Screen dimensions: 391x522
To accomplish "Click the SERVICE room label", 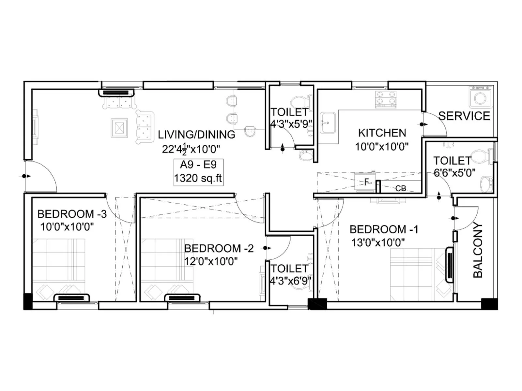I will (x=464, y=116).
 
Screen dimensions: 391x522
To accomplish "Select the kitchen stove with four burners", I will (x=386, y=99).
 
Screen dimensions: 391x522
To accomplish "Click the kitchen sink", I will (x=328, y=123).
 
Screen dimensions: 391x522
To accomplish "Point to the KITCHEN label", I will (x=382, y=133).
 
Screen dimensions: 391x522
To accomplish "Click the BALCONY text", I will (x=478, y=250).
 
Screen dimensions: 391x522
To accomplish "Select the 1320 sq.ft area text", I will (x=198, y=178).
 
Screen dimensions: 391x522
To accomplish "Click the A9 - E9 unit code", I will (x=198, y=165).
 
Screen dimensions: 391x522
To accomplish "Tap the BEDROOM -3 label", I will (x=72, y=214).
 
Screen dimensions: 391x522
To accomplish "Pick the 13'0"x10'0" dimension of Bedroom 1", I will (x=378, y=242).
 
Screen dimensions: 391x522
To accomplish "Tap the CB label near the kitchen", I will (x=400, y=188).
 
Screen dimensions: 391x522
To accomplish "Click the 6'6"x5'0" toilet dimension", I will (x=454, y=173).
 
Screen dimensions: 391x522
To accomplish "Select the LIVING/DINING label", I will (x=196, y=135).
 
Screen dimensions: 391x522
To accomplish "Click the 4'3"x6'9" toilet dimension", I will (x=290, y=281).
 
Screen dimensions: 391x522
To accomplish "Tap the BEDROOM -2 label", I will (x=219, y=249).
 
